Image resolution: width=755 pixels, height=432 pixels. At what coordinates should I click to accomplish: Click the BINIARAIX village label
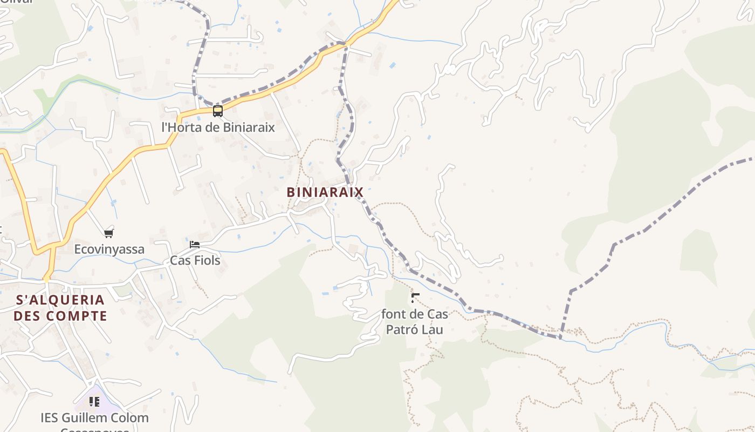pos(325,192)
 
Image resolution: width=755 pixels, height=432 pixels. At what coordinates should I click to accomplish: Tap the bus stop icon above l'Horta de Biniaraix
pos(218,111)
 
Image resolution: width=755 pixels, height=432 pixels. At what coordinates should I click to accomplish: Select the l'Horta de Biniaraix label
pos(218,127)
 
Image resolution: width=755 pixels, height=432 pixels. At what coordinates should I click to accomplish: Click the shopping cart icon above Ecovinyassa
pos(109,233)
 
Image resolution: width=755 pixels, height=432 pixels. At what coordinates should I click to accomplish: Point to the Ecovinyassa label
pos(109,249)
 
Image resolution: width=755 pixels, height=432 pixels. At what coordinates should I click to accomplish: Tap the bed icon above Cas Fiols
pos(195,245)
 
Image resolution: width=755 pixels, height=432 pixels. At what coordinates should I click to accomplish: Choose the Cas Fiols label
pos(195,260)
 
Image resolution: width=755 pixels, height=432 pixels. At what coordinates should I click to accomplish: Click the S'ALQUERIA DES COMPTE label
pos(60,308)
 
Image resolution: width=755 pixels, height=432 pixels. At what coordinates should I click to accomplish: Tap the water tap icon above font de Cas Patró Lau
pos(415,298)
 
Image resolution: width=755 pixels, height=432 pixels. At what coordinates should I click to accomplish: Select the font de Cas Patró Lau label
pos(415,321)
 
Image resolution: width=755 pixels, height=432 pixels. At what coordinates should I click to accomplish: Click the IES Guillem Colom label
pos(94,418)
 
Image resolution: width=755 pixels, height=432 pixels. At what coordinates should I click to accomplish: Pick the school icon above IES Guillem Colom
pos(94,402)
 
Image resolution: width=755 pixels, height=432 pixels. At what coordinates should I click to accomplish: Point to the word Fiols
pos(207,260)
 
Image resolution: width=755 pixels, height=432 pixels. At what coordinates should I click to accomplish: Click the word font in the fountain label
pos(393,314)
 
